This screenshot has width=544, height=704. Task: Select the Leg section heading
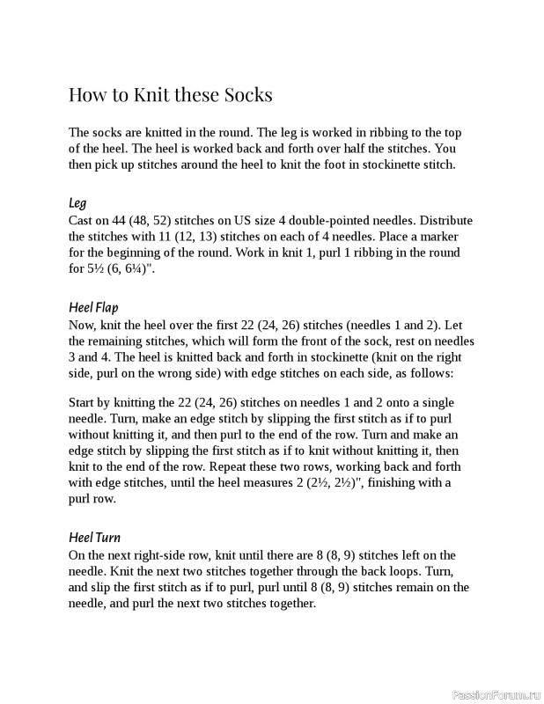coord(77,203)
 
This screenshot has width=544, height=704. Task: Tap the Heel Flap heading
coord(93,307)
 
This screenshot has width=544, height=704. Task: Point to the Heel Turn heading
coord(94,537)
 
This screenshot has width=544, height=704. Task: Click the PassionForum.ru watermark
coord(495,693)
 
